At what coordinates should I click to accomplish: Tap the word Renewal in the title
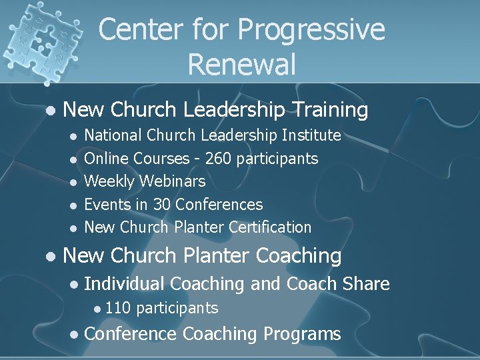241,65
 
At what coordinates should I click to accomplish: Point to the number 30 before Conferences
162,204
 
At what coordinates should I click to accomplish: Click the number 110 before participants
118,308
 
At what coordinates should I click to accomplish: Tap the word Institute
311,136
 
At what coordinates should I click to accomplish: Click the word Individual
125,284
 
